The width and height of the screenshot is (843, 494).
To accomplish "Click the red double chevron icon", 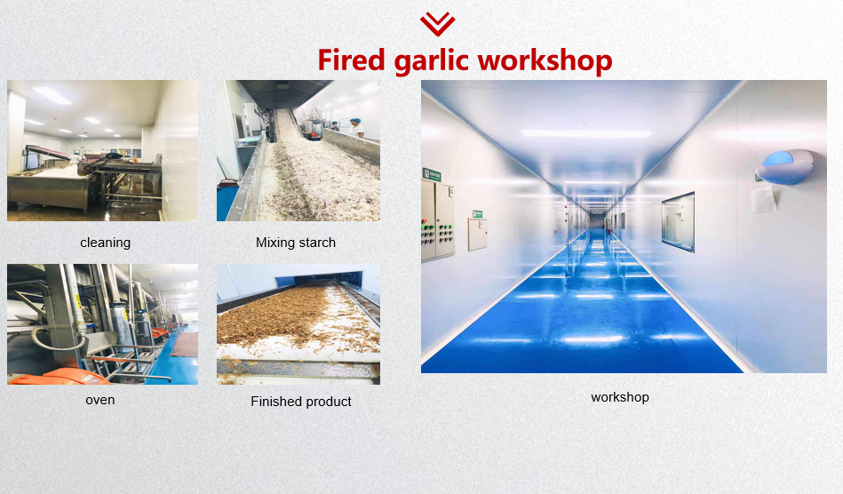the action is pyautogui.click(x=438, y=24).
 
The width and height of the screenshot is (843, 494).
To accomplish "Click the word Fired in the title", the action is pyautogui.click(x=351, y=60).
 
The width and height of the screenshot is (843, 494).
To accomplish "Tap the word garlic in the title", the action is pyautogui.click(x=431, y=60).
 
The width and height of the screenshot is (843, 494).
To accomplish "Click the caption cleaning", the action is pyautogui.click(x=106, y=243).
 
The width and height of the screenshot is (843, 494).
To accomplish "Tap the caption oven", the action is pyautogui.click(x=100, y=400).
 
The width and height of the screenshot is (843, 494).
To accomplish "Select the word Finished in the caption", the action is pyautogui.click(x=274, y=402).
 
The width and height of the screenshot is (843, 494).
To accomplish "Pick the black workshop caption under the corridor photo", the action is pyautogui.click(x=620, y=397).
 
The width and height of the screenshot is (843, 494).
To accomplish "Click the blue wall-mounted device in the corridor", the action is pyautogui.click(x=786, y=167).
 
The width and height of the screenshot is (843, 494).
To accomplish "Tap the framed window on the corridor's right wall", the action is pyautogui.click(x=678, y=221).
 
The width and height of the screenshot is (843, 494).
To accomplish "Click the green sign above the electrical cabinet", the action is pyautogui.click(x=432, y=174).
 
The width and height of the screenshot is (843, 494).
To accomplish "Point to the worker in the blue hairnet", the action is pyautogui.click(x=356, y=128).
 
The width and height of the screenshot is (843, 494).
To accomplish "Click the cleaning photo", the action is pyautogui.click(x=103, y=150).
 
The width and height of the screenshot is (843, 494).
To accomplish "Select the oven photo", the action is pyautogui.click(x=103, y=324).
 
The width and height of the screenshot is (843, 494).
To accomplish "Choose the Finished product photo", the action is pyautogui.click(x=298, y=324).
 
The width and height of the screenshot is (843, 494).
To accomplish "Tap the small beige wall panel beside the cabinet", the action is pyautogui.click(x=477, y=235).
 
